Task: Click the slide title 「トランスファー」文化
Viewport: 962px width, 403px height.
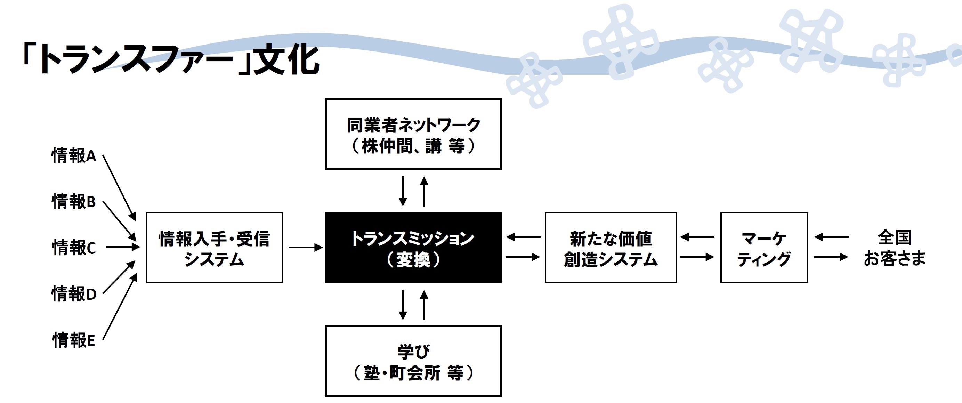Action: click(x=170, y=59)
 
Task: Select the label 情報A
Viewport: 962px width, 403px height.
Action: click(x=74, y=156)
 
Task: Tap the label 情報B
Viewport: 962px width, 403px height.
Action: click(x=74, y=202)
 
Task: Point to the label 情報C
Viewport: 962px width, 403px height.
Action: click(x=74, y=248)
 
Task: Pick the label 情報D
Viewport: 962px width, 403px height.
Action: click(x=74, y=293)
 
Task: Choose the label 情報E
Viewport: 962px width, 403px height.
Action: click(x=74, y=340)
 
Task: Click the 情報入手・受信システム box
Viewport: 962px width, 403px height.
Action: click(x=214, y=248)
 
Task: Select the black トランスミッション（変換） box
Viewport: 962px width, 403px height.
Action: click(x=413, y=248)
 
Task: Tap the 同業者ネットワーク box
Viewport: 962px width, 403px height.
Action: click(x=413, y=134)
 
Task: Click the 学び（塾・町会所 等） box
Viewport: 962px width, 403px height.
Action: click(x=413, y=361)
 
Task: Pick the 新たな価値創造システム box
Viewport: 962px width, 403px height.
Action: click(x=611, y=248)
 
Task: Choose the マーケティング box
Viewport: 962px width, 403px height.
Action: click(x=764, y=248)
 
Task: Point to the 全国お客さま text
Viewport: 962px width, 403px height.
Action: click(x=895, y=248)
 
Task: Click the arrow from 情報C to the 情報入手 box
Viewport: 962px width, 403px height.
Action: click(x=123, y=247)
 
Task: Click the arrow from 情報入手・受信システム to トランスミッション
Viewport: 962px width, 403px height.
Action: click(x=306, y=247)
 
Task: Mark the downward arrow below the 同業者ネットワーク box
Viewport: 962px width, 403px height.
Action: click(x=403, y=191)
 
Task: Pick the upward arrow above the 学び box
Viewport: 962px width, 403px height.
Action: click(x=424, y=305)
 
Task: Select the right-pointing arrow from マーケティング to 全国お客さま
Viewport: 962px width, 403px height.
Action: click(x=831, y=257)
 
